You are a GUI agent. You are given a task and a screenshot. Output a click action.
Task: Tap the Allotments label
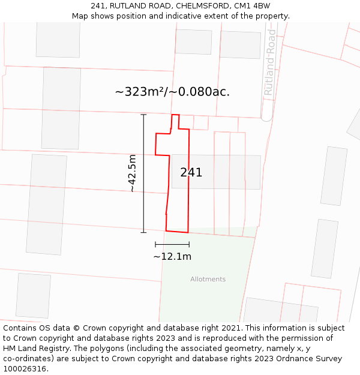coord(208,279)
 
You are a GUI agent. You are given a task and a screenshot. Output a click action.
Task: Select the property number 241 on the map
coord(191,173)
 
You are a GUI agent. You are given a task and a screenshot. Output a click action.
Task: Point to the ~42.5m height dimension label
coord(133,173)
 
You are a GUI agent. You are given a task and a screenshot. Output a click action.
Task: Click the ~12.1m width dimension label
coord(172,257)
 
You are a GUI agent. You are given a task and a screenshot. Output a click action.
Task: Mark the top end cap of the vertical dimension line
coord(143,115)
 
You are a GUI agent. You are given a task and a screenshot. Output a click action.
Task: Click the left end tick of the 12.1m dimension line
coord(155,244)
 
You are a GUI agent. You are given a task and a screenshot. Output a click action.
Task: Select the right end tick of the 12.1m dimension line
coord(189,244)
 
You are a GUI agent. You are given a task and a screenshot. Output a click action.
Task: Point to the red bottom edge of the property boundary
coord(177,231)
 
